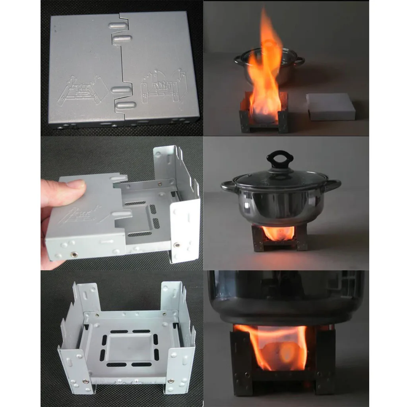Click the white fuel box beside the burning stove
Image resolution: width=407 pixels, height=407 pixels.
pos(331,106)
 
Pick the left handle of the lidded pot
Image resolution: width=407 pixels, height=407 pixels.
pos(228,186)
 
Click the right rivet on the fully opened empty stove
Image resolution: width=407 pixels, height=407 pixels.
pos(171,381)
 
